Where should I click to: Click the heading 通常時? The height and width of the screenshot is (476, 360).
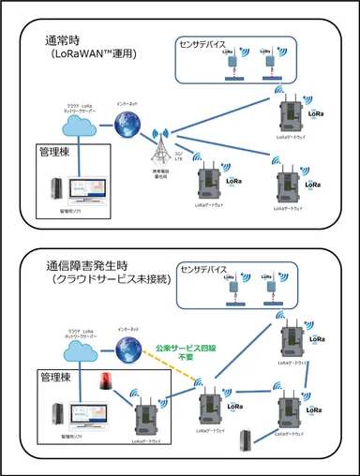(x=65, y=40)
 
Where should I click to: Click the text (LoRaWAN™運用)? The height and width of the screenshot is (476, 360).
(x=95, y=56)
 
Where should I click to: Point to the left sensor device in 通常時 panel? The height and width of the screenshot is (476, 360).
(x=229, y=66)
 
